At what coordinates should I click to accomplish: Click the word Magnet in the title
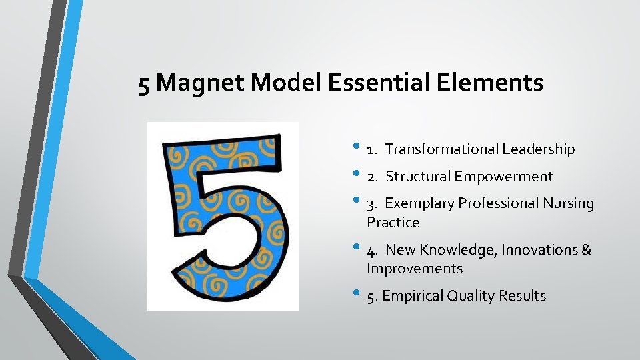point(204,84)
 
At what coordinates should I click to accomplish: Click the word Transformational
point(441,149)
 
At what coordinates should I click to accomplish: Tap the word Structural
point(418,177)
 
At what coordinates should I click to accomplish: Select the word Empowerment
point(504,177)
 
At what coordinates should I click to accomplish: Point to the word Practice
point(393,223)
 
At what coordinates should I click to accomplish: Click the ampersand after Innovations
point(586,250)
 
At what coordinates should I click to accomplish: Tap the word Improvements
point(414,269)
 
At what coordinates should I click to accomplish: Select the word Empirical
point(417,296)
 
